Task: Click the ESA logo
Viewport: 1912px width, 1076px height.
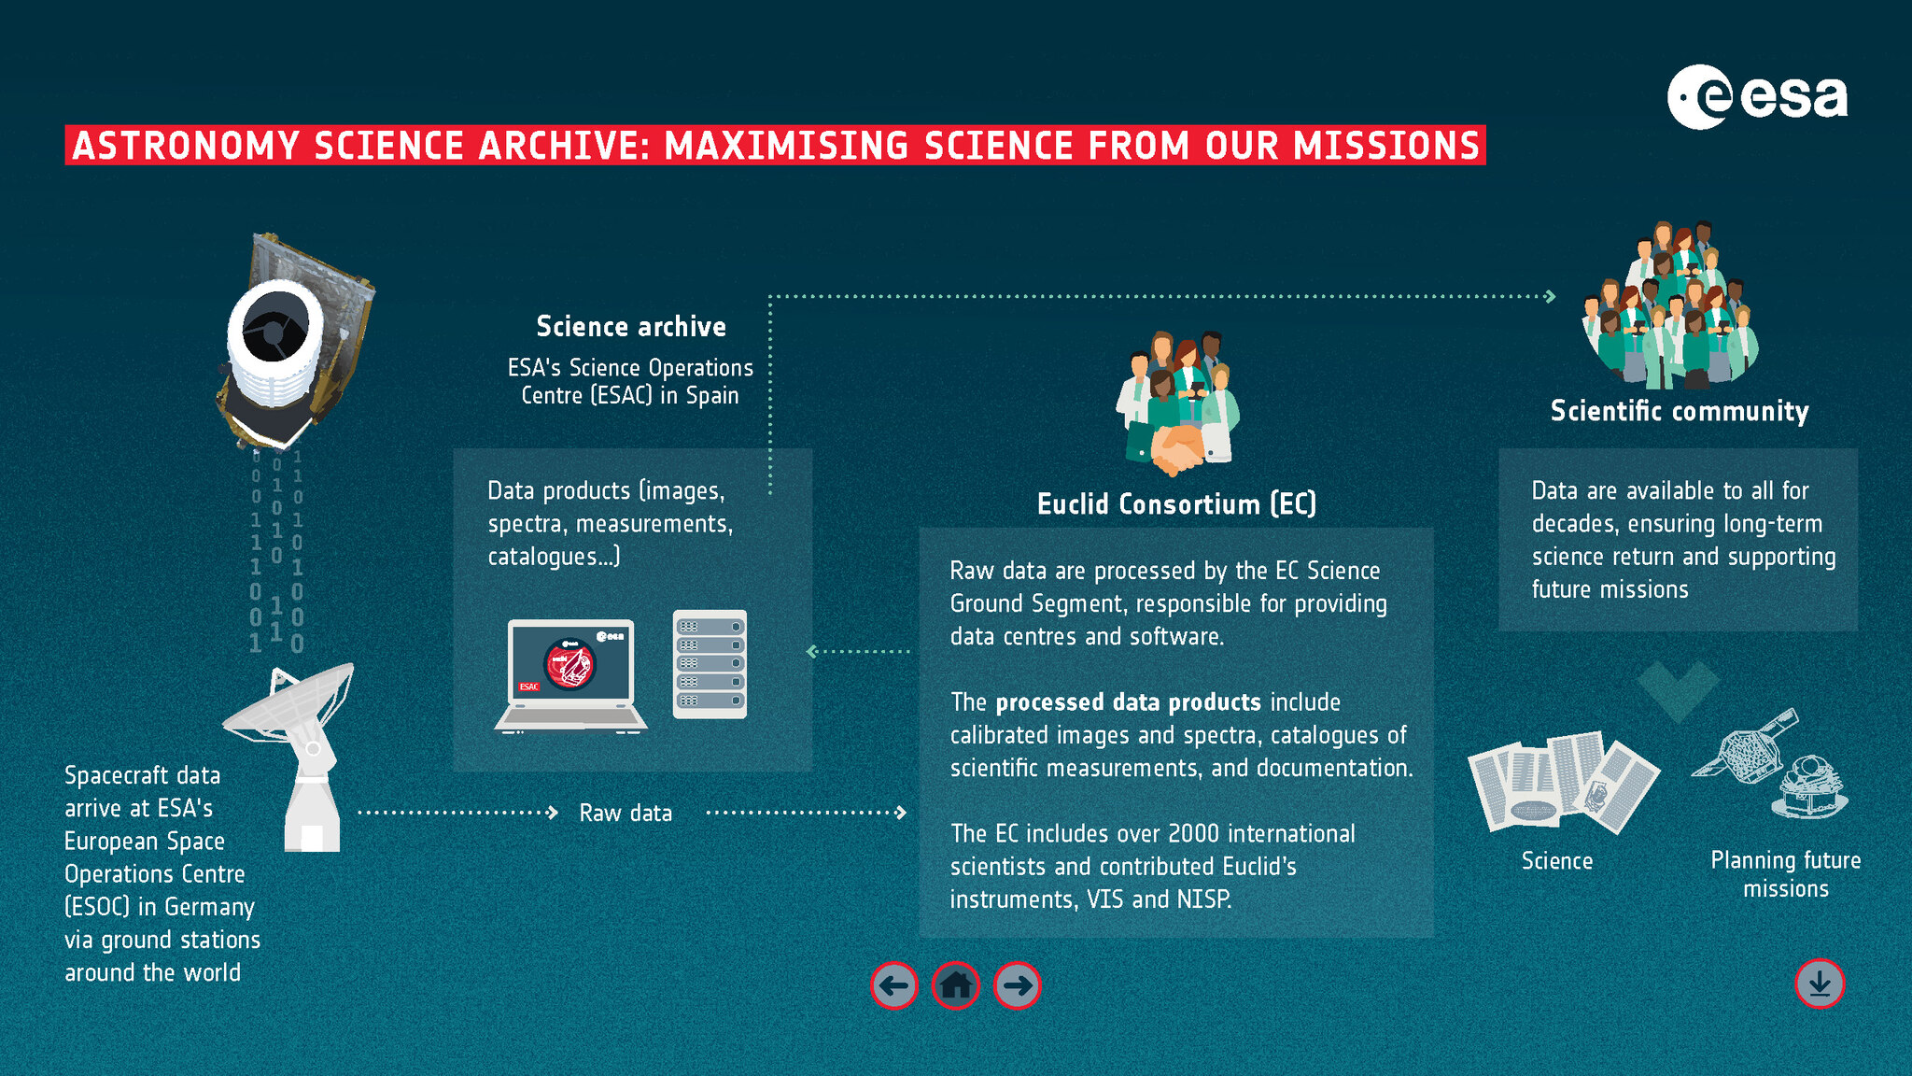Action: tap(1757, 97)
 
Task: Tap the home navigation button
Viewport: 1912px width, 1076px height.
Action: tap(955, 985)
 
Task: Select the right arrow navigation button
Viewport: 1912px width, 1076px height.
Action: tap(1017, 985)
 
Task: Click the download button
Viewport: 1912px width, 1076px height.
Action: tap(1820, 984)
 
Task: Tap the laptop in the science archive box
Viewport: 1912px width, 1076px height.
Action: tap(570, 675)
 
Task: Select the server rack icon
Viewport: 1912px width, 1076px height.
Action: tap(710, 664)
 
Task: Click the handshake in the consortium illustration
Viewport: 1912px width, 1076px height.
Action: tap(1177, 449)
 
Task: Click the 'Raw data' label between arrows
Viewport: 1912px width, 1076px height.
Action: tap(626, 813)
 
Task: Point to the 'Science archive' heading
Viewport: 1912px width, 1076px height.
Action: tap(631, 326)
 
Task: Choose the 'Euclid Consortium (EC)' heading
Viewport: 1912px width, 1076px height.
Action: tap(1176, 504)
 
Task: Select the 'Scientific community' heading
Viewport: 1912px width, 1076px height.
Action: tap(1680, 411)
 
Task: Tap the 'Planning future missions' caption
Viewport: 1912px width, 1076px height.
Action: tap(1785, 874)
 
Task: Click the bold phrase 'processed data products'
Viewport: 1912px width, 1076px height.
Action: tap(1128, 702)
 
